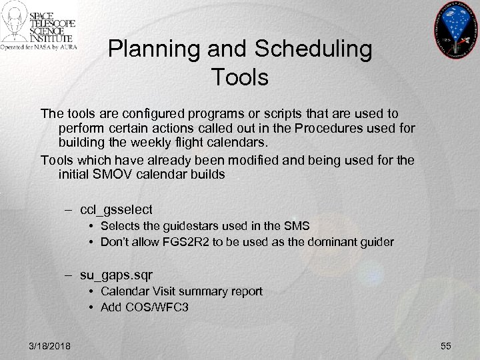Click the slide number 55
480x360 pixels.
445,345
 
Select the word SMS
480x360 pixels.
297,227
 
